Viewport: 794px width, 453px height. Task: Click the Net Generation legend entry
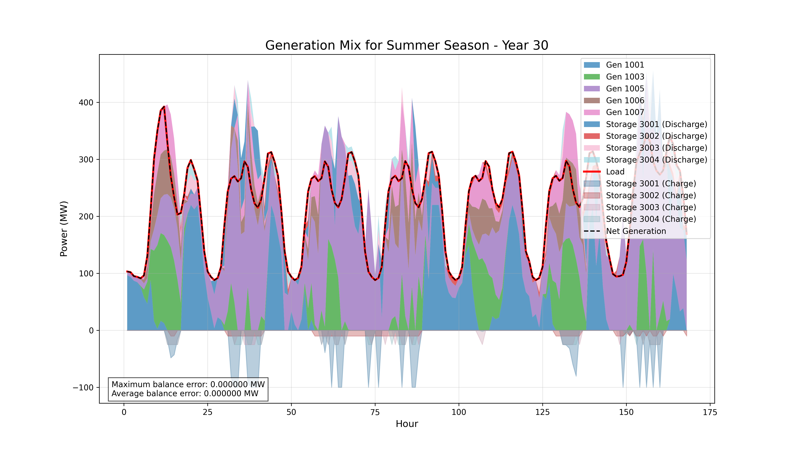[x=636, y=231]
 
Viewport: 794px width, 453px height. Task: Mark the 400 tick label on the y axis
[x=86, y=103]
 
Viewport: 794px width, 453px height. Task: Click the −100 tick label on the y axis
[x=83, y=388]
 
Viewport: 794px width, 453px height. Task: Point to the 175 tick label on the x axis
[x=710, y=413]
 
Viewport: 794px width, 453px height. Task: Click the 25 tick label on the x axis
[x=208, y=413]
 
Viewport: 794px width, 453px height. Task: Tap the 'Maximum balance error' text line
[x=188, y=384]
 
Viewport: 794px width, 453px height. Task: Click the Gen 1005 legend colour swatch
[x=592, y=89]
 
